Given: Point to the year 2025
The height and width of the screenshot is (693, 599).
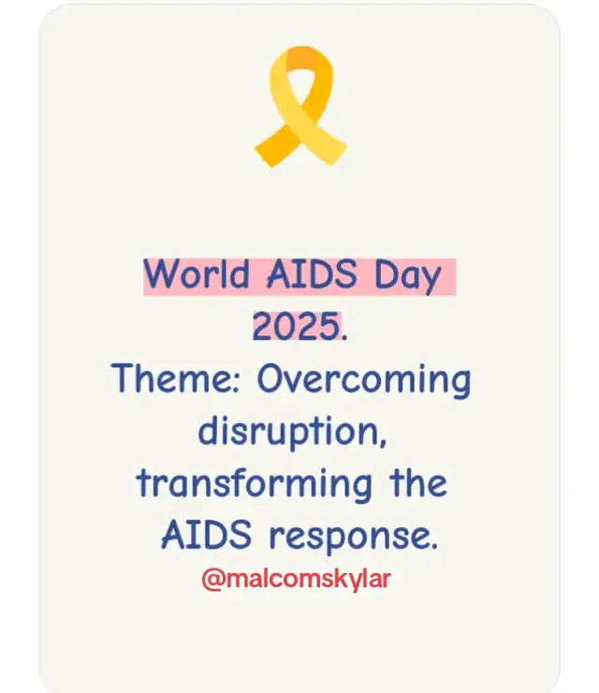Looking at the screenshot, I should coord(295,328).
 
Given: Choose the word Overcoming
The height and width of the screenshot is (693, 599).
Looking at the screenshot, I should coord(363,381).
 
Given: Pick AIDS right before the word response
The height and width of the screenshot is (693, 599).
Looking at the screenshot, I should coord(207,536).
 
